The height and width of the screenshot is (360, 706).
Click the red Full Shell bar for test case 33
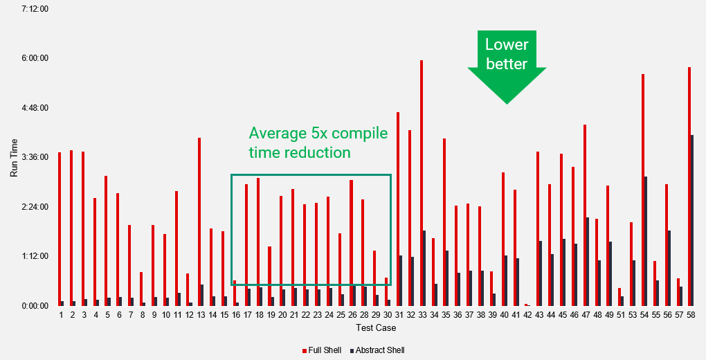coord(422,183)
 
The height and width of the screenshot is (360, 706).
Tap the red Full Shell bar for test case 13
coord(199,222)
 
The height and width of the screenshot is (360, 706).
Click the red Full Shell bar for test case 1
coord(60,228)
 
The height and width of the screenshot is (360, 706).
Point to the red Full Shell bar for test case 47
coord(585,215)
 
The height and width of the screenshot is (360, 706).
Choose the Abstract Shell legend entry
coord(378,350)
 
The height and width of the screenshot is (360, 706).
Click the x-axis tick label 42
coord(527,316)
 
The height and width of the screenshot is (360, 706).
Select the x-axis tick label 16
coord(235,316)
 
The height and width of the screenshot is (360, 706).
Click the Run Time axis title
coord(14,157)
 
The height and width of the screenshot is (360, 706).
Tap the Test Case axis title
coord(376,327)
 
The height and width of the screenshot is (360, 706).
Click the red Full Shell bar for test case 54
coord(643,190)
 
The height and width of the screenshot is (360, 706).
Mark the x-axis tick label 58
coord(690,316)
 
